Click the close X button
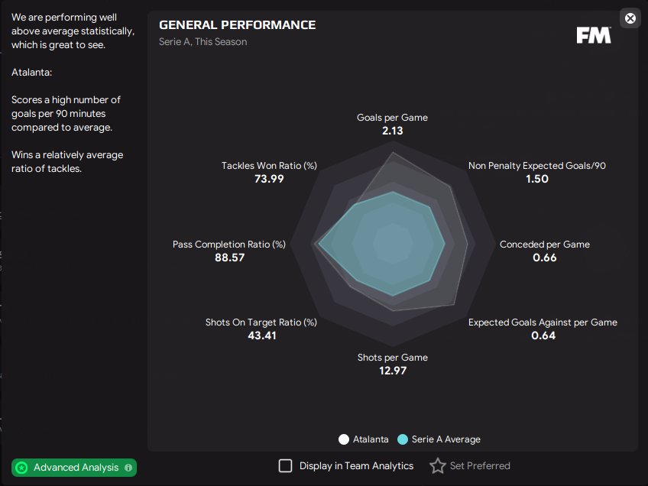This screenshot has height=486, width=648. (x=630, y=18)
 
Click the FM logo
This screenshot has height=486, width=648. (x=594, y=35)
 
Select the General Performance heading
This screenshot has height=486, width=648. (x=237, y=25)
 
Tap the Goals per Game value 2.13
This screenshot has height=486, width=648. (x=392, y=131)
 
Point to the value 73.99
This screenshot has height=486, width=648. (x=269, y=179)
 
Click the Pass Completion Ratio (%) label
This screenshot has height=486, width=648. (x=229, y=245)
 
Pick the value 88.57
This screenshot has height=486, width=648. (x=229, y=258)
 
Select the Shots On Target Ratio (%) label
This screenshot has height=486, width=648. (x=261, y=322)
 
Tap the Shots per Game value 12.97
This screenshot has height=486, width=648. (x=392, y=371)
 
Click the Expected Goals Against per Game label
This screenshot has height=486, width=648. (x=543, y=322)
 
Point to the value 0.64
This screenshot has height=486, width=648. (x=543, y=336)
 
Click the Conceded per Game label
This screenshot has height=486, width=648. (x=545, y=245)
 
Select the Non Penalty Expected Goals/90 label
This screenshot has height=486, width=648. (x=537, y=165)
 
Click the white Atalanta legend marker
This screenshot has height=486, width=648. (x=344, y=439)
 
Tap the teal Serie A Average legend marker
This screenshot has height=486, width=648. (x=403, y=439)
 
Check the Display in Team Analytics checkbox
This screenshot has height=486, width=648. (x=285, y=465)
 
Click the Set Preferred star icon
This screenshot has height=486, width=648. (x=437, y=465)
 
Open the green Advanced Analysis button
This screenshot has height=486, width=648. (x=74, y=467)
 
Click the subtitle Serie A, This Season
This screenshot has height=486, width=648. (x=203, y=42)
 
